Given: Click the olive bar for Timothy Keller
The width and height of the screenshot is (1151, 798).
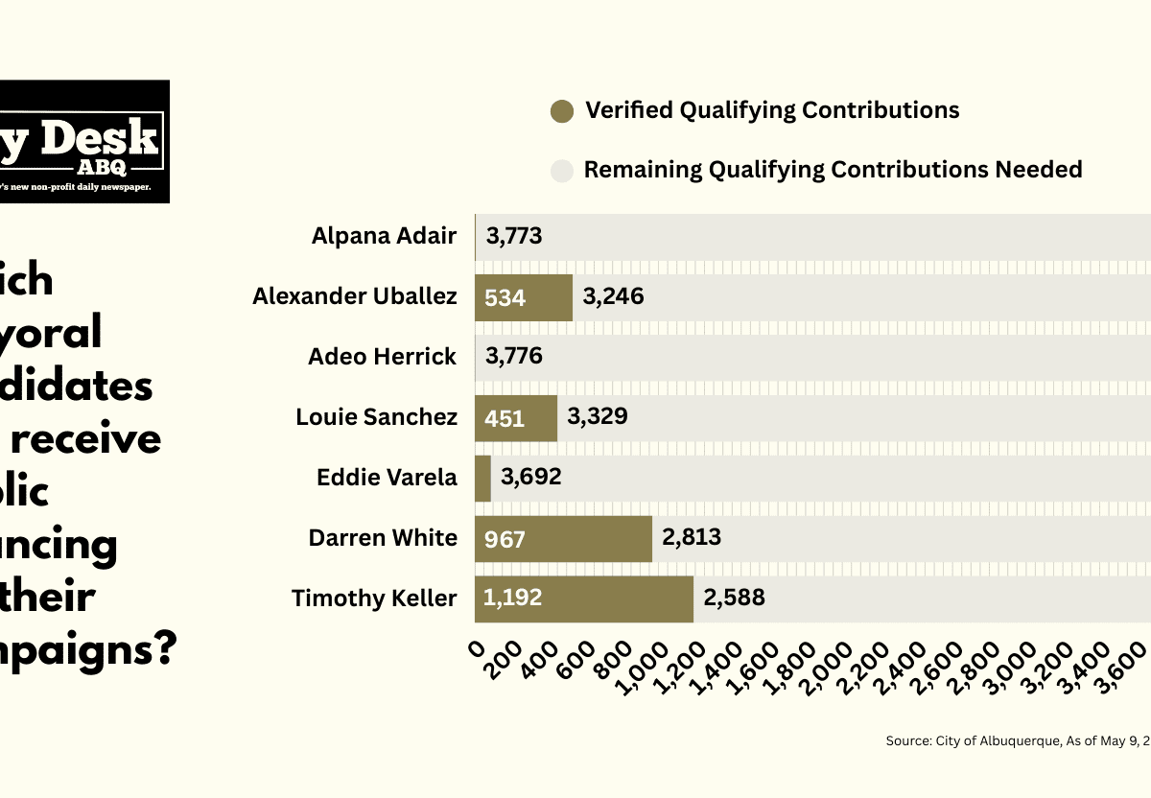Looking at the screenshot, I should pyautogui.click(x=583, y=598).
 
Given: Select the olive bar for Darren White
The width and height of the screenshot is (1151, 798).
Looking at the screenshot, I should pyautogui.click(x=563, y=538).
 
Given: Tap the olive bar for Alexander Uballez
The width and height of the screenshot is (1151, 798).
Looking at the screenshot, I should pyautogui.click(x=523, y=296).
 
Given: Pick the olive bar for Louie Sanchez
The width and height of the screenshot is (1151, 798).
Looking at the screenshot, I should pyautogui.click(x=515, y=417).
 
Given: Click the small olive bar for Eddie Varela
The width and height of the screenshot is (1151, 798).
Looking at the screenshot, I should pyautogui.click(x=482, y=478).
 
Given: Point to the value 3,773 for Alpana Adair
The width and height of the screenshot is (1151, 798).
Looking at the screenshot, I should pyautogui.click(x=514, y=236).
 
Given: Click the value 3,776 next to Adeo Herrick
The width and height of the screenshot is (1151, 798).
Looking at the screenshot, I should pyautogui.click(x=514, y=357).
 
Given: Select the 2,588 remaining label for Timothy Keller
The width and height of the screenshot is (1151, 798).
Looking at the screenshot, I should pyautogui.click(x=734, y=598).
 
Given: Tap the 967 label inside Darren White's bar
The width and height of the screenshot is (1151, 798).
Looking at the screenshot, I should pyautogui.click(x=505, y=539).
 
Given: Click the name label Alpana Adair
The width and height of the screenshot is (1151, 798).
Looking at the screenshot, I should pyautogui.click(x=384, y=236).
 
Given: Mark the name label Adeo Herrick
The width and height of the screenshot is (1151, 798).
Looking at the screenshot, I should pyautogui.click(x=382, y=357).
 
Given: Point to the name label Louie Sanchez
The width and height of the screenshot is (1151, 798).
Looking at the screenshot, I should pyautogui.click(x=376, y=417).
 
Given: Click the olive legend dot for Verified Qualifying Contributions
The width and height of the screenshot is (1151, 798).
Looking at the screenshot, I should pyautogui.click(x=562, y=111).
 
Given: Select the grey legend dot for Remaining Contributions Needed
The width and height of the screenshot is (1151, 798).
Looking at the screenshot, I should pyautogui.click(x=562, y=171).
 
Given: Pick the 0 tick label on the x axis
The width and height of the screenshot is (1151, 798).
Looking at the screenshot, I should pyautogui.click(x=477, y=647).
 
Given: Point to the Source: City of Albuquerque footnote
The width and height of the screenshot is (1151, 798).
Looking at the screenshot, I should pyautogui.click(x=1017, y=741).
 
